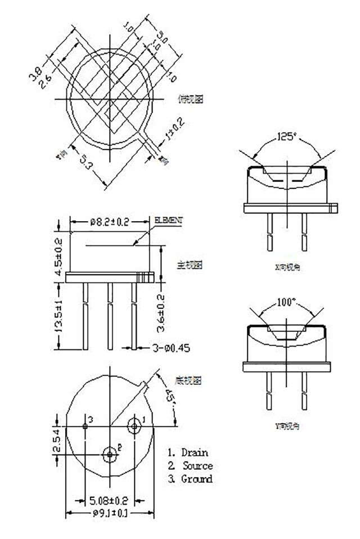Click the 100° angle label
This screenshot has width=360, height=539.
[286, 302]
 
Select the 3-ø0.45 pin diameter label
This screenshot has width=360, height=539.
[170, 348]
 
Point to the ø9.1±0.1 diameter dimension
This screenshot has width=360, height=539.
[109, 513]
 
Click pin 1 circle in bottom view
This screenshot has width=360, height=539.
[134, 426]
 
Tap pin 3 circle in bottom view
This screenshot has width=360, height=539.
[85, 426]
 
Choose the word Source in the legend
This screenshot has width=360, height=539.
[197, 466]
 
